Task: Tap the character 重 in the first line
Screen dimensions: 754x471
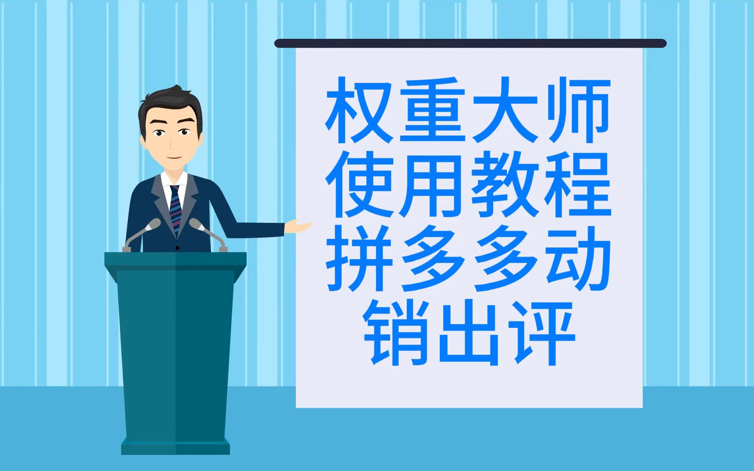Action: (432, 110)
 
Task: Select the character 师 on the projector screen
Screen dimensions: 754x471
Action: (578, 110)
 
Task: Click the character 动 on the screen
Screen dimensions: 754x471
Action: (578, 259)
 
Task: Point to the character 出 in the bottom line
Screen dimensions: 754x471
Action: (469, 333)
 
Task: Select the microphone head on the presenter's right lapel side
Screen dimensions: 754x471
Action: (153, 224)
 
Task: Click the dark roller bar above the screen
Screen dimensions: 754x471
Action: (470, 43)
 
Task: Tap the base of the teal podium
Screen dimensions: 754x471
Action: (175, 446)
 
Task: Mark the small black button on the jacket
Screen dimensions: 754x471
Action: (177, 248)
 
